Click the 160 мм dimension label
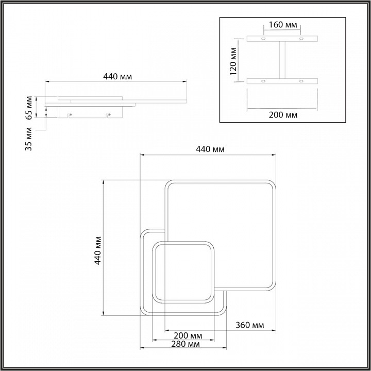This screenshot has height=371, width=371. pos(283,25)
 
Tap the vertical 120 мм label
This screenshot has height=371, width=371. pos(233,61)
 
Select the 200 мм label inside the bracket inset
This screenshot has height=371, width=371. pos(283,115)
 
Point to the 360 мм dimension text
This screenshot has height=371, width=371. pos(249,325)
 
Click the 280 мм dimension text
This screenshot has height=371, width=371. pos(185,344)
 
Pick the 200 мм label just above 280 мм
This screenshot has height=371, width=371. pos(188,335)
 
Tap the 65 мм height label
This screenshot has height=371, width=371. pos(29,108)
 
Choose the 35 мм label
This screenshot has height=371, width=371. pos(29,139)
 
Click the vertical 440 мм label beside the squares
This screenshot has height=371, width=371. pos(98,250)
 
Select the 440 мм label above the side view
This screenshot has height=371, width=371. pos(117,77)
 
